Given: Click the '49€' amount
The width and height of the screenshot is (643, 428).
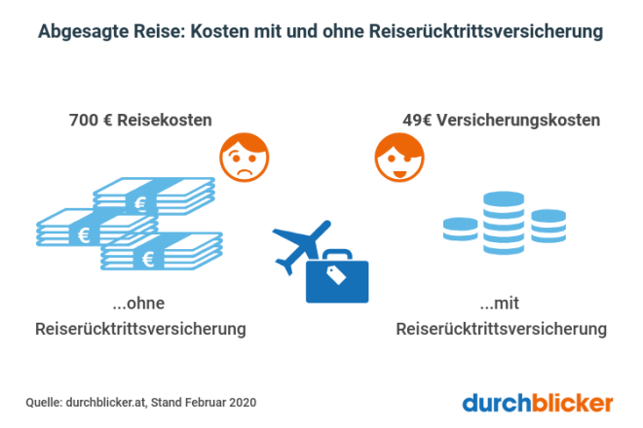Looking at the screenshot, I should pyautogui.click(x=417, y=122).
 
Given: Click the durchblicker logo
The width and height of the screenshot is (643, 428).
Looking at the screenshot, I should pyautogui.click(x=538, y=401).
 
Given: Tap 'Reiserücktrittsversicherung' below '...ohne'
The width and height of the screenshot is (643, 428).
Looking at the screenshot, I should pyautogui.click(x=139, y=330).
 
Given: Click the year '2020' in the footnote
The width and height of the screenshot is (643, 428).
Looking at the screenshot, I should pyautogui.click(x=243, y=401).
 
